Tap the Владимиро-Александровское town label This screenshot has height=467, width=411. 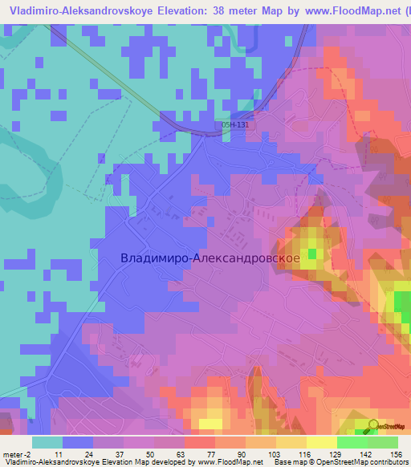(210, 258)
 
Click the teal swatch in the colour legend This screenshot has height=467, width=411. (47, 442)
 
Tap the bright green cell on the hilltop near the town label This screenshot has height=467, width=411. (311, 254)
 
